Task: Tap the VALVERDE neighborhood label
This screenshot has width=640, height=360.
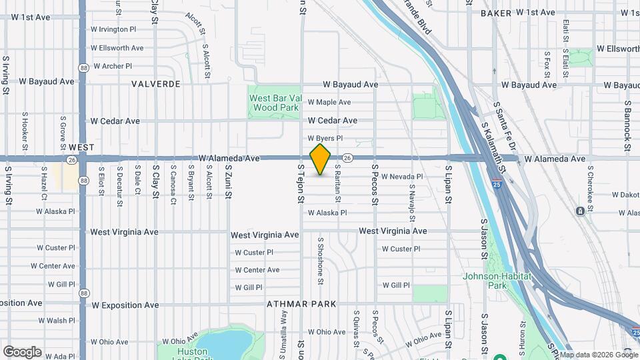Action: tap(156, 84)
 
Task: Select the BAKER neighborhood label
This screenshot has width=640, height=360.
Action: tap(495, 13)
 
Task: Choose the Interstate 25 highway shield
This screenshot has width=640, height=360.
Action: tap(497, 184)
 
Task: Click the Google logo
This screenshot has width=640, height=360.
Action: tap(22, 351)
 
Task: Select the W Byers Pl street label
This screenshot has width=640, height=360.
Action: tap(325, 138)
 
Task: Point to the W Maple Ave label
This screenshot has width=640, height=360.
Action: tap(329, 103)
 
